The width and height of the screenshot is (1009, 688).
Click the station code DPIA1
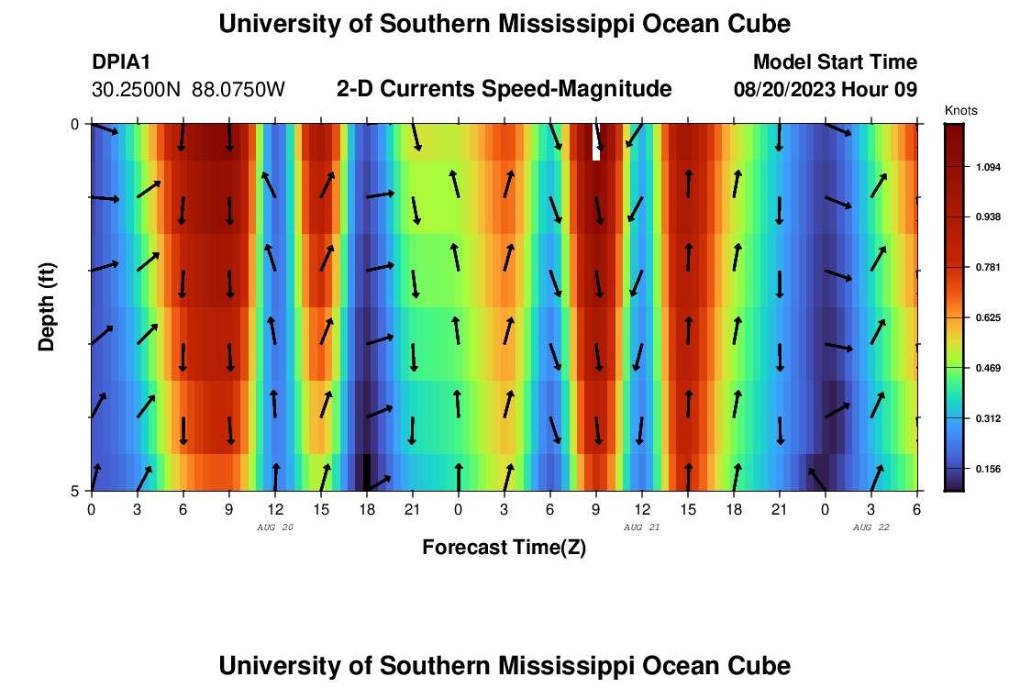click(121, 62)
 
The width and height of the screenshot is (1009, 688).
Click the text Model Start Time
click(835, 62)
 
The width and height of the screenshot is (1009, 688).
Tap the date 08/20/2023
click(786, 90)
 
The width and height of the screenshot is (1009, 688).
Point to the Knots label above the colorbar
click(960, 111)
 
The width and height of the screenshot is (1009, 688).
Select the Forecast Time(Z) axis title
click(504, 548)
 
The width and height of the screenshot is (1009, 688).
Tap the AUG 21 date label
click(641, 527)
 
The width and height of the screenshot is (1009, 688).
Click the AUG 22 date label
click(870, 527)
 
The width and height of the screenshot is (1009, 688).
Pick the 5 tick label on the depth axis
click(75, 491)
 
